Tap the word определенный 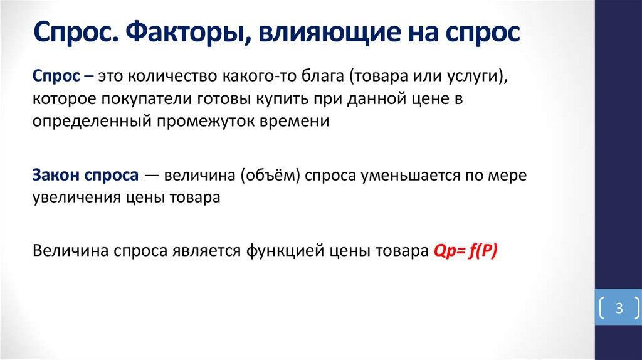click(x=89, y=121)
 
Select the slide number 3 click(x=619, y=309)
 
